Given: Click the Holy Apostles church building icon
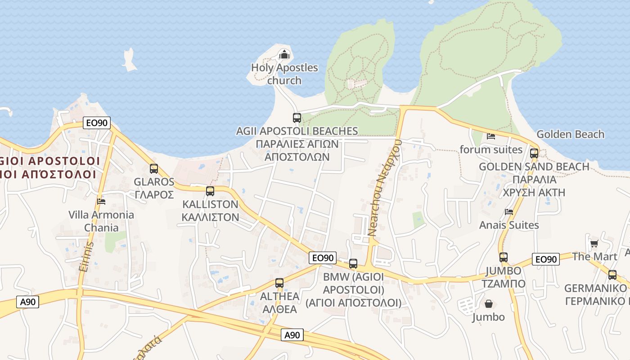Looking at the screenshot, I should tap(284, 55).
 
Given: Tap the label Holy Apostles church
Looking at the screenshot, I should tap(284, 74).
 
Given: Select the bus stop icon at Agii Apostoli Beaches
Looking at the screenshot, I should tap(297, 118).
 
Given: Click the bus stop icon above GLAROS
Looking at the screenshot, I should tap(154, 169).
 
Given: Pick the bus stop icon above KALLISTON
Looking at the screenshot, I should tap(210, 191).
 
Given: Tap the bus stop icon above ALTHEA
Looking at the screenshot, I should tap(279, 283).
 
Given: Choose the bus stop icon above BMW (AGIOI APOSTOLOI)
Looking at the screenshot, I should tap(353, 264).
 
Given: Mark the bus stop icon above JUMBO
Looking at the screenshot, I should tap(504, 257).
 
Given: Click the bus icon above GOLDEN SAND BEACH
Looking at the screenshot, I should tap(534, 153).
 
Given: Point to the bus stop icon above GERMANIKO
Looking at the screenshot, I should tap(612, 275).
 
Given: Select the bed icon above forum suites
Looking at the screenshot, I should tap(491, 136).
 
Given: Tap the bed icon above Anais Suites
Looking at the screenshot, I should tap(509, 211).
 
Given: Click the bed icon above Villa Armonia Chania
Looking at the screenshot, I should tap(101, 201).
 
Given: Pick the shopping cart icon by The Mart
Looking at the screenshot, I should tap(594, 244).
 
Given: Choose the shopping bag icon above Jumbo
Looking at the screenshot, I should tap(488, 304).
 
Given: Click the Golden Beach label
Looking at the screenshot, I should tap(570, 134).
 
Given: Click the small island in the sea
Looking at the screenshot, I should tap(130, 60).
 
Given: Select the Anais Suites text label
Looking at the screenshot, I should tap(509, 225).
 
